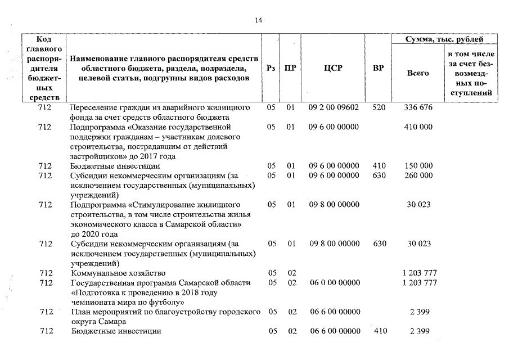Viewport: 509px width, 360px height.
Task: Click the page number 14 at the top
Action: coord(258,21)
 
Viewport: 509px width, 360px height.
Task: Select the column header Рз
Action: coord(271,68)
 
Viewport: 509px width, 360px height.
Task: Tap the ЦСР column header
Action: coord(333,68)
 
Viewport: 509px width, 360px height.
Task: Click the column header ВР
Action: coord(379,68)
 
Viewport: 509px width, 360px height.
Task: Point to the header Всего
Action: coord(418,73)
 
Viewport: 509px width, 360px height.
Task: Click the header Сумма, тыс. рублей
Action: coord(444,39)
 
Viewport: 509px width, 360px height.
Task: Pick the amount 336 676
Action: coord(418,107)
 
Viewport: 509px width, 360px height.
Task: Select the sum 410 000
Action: coord(418,127)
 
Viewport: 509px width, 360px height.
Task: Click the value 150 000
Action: coord(418,166)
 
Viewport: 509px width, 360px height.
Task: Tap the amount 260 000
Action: coord(418,175)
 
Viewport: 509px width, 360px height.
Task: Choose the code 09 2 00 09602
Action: coord(334,107)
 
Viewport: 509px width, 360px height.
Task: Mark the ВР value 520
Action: coord(379,107)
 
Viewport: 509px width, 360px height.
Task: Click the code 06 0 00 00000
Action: coord(335,282)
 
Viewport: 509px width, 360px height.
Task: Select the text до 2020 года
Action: coord(94,234)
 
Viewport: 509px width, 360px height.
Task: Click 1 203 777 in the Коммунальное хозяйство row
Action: coord(420,273)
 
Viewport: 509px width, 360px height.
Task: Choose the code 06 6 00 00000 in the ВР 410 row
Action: coord(335,331)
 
